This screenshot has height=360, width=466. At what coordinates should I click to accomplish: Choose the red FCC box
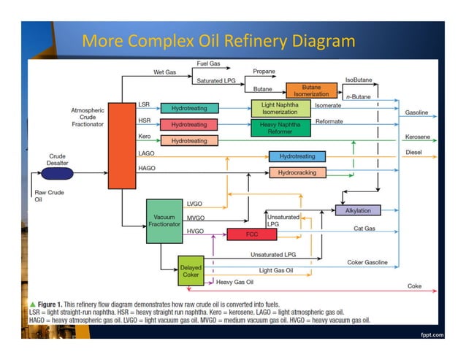point(246,234)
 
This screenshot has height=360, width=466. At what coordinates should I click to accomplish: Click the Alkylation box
point(357,210)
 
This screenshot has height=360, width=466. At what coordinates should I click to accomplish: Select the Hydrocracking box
point(297,173)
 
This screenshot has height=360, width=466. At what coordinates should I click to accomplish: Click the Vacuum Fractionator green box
point(163,221)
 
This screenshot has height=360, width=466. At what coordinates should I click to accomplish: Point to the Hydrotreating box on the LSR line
point(189,108)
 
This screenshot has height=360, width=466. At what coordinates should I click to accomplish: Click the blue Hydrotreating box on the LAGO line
point(297,156)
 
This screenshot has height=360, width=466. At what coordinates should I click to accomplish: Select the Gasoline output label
point(417,113)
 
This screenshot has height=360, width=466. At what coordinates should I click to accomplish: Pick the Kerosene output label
point(418,137)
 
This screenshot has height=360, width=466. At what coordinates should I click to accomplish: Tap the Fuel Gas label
point(210,64)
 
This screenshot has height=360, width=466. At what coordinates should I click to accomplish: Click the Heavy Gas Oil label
point(235,281)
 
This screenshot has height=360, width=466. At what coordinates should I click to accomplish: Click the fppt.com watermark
point(432,336)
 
